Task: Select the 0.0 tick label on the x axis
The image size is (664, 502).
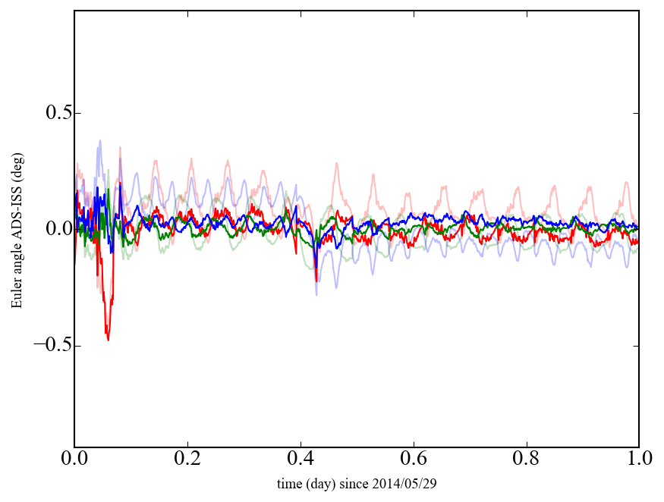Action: [74, 459]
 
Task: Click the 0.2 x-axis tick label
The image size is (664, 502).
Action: [187, 459]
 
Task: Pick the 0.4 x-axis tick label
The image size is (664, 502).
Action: [301, 459]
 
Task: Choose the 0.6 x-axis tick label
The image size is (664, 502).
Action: [414, 459]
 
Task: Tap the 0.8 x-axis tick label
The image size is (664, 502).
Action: [526, 459]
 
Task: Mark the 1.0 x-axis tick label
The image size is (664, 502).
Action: [638, 459]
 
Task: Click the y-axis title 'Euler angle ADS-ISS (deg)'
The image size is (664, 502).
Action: [17, 228]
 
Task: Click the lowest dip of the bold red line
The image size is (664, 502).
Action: [108, 340]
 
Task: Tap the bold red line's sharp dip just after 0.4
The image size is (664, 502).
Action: [316, 281]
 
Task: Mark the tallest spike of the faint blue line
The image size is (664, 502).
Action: [99, 140]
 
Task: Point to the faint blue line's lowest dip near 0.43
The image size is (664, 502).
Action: [317, 294]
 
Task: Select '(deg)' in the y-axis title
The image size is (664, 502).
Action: [17, 162]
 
